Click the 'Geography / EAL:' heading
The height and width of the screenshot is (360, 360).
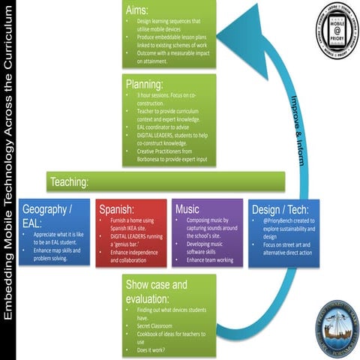[x=49, y=215]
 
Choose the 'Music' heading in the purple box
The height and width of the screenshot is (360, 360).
[x=187, y=208]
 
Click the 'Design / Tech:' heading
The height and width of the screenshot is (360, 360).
[x=274, y=209]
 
